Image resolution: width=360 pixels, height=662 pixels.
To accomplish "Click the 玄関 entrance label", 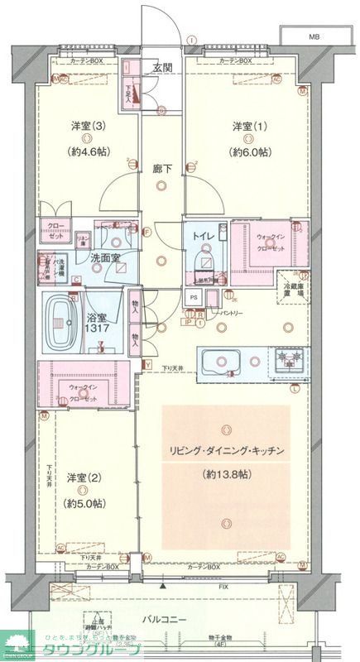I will pyautogui.click(x=161, y=68).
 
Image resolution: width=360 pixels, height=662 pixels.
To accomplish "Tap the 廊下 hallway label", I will pyautogui.click(x=162, y=169).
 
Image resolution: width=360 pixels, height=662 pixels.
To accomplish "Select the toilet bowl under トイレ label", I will pyautogui.click(x=202, y=262).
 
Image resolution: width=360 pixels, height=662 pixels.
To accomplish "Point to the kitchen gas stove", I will pyautogui.click(x=290, y=360).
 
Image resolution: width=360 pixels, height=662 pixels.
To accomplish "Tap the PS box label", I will pyautogui.click(x=194, y=297).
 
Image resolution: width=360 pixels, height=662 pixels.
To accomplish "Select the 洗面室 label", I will pyautogui.click(x=105, y=259).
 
